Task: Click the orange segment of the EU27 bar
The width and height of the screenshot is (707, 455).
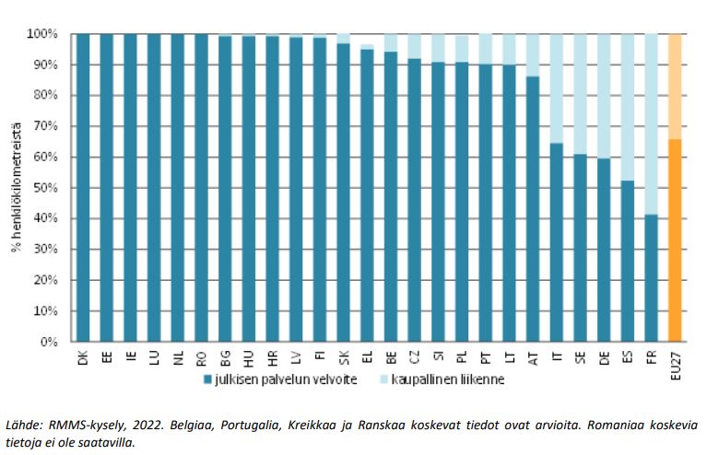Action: [675, 239]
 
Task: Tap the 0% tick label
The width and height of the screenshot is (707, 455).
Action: [48, 342]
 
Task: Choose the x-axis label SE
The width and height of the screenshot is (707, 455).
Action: [580, 356]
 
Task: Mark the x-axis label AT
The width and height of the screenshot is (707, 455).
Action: [533, 356]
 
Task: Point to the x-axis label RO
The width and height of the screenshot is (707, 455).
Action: [202, 356]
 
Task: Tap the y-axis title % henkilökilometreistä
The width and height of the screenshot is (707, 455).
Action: [17, 188]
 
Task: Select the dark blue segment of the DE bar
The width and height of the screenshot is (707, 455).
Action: [604, 250]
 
